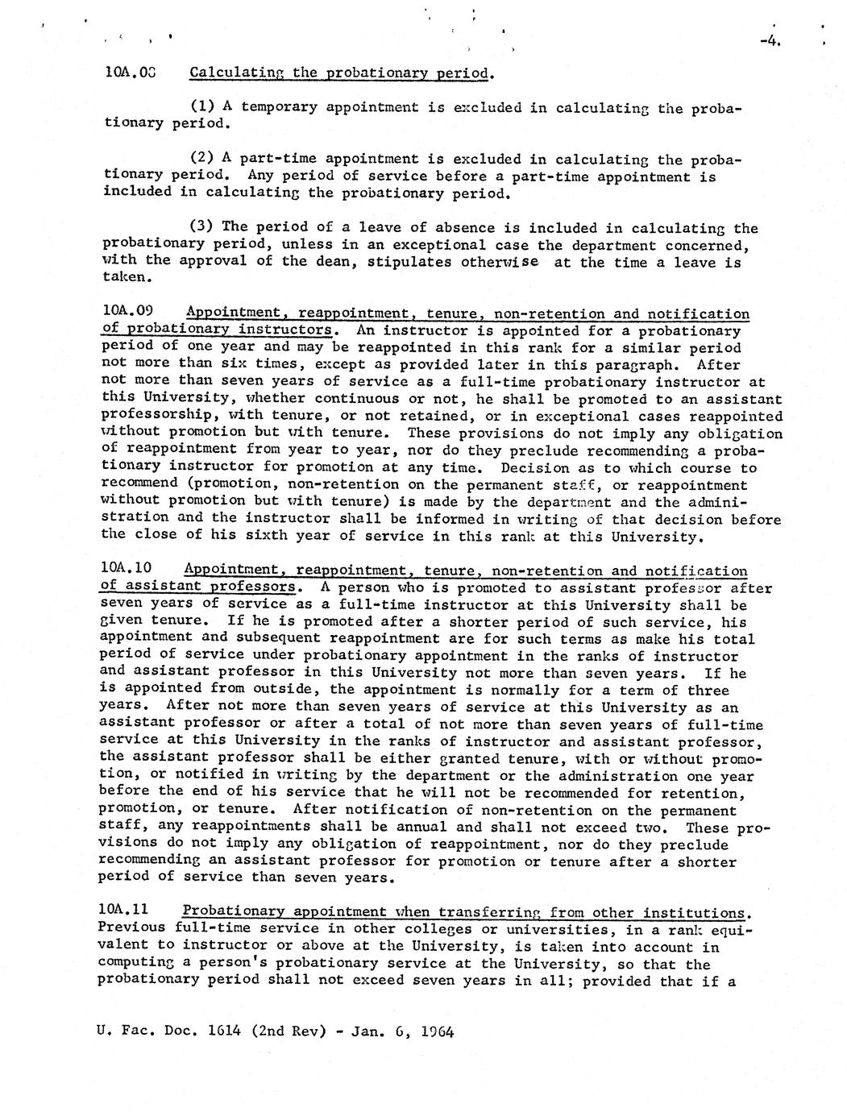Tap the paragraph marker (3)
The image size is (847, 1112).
(202, 227)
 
